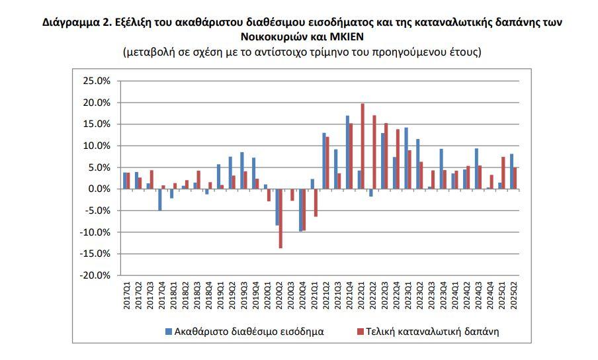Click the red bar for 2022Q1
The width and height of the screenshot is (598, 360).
363,146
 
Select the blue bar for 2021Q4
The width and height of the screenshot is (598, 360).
347,152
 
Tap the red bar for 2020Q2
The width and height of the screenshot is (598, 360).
281,218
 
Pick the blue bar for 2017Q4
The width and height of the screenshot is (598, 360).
160,200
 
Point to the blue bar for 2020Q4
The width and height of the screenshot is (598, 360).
300,210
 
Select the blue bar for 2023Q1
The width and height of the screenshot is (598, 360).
406,158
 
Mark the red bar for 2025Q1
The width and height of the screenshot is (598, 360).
503,173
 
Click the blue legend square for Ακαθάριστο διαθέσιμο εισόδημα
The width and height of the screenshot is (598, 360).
169,331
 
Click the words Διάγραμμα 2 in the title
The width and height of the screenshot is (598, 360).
72,22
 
